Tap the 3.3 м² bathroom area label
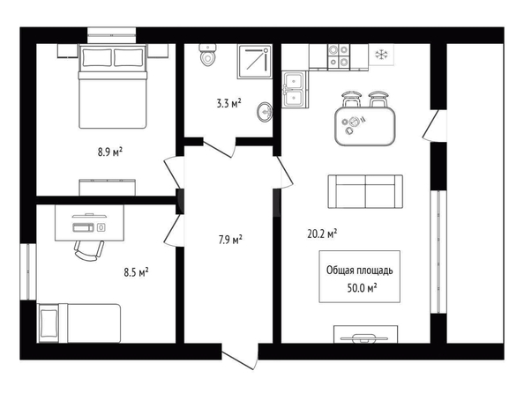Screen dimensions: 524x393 click(228, 103)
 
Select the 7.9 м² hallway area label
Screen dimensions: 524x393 click(230, 240)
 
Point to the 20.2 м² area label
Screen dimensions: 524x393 click(322, 234)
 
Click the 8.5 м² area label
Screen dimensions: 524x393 click(137, 272)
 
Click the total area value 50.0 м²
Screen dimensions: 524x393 click(363, 287)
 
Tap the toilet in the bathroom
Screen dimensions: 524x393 click(207, 55)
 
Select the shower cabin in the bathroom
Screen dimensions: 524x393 click(254, 62)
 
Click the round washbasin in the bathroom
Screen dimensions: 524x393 click(265, 112)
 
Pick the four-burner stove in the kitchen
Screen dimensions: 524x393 click(339, 56)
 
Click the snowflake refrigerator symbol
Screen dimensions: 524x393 click(380, 55)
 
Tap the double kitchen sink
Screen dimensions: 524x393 click(294, 89)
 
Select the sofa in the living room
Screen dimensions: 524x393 click(365, 192)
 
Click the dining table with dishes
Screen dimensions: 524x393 click(365, 126)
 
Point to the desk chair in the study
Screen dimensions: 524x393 click(89, 250)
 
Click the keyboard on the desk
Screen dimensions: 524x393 click(84, 227)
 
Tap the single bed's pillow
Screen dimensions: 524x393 click(49, 323)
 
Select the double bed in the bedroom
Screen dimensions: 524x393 click(113, 86)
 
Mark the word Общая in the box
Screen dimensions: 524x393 click(340, 271)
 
